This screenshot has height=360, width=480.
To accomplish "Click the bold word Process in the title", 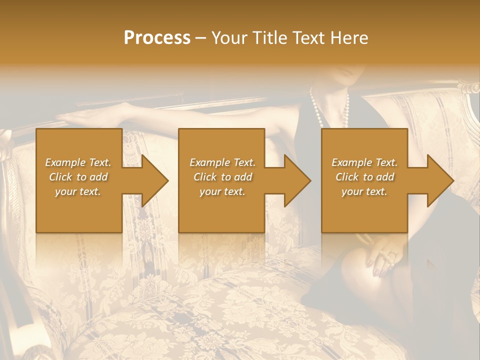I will [157, 38].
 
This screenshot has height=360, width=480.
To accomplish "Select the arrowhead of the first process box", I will [155, 180].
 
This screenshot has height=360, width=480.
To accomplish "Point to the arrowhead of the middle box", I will [297, 180].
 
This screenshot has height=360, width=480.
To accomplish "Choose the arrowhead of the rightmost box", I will [440, 180].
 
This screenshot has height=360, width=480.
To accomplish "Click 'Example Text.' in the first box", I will [78, 162].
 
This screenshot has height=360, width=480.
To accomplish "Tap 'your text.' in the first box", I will [78, 191].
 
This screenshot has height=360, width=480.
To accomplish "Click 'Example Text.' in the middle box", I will [222, 162].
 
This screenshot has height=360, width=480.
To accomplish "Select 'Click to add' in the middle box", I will [222, 177].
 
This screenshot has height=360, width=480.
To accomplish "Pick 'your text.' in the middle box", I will [222, 191].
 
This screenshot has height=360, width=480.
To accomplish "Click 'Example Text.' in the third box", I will [364, 162].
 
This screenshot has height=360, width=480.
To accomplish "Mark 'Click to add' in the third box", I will [364, 177].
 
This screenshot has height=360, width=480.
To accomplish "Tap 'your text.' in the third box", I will [364, 191].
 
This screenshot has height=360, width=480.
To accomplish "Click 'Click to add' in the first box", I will [78, 177].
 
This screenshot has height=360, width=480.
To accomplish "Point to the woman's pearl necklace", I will [316, 107].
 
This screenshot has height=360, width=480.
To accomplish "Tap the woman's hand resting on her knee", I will [382, 255].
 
